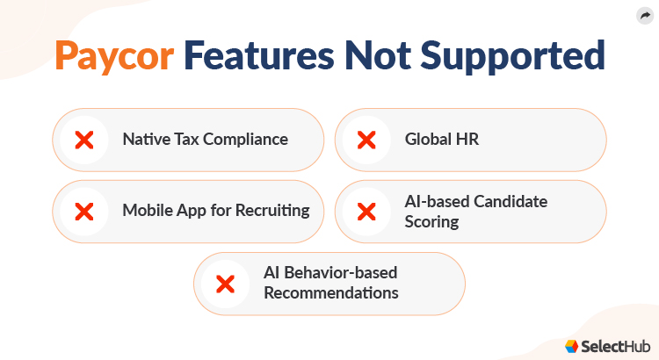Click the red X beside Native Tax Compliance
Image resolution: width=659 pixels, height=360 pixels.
(84, 140)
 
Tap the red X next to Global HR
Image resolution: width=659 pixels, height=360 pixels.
(366, 140)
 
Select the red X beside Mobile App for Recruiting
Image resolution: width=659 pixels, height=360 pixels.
(84, 211)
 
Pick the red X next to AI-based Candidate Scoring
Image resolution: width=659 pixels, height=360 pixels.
(366, 211)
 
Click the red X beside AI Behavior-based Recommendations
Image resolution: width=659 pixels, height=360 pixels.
(225, 284)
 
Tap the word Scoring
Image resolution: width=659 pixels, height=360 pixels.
(431, 221)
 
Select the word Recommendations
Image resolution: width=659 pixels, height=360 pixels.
(330, 293)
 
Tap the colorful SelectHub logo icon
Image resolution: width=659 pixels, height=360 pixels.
(571, 346)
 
